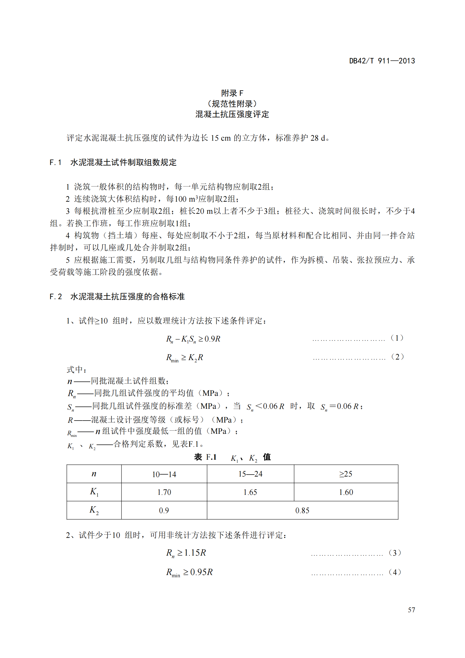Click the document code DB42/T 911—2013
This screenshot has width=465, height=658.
pyautogui.click(x=382, y=61)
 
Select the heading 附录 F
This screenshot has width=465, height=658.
pyautogui.click(x=232, y=93)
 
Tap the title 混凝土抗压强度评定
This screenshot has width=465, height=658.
pyautogui.click(x=232, y=114)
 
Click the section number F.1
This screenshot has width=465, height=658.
pyautogui.click(x=56, y=163)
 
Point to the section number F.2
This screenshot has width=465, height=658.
pyautogui.click(x=56, y=296)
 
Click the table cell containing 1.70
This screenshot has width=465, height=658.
pyautogui.click(x=164, y=492)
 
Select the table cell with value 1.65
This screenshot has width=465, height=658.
pyautogui.click(x=250, y=492)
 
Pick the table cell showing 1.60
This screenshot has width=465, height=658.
pyautogui.click(x=346, y=492)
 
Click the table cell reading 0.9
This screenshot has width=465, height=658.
pyautogui.click(x=164, y=510)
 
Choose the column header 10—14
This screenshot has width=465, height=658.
pyautogui.click(x=164, y=474)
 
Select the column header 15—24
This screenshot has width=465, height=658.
pyautogui.click(x=250, y=474)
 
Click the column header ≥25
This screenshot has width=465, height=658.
pyautogui.click(x=346, y=474)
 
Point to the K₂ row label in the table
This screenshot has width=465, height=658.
pyautogui.click(x=94, y=510)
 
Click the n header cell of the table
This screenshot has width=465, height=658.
pyautogui.click(x=94, y=474)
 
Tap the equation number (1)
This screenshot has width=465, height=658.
pyautogui.click(x=397, y=338)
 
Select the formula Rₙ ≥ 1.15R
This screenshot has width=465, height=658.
pyautogui.click(x=186, y=553)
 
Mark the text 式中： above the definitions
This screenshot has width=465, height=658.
pyautogui.click(x=76, y=369)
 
